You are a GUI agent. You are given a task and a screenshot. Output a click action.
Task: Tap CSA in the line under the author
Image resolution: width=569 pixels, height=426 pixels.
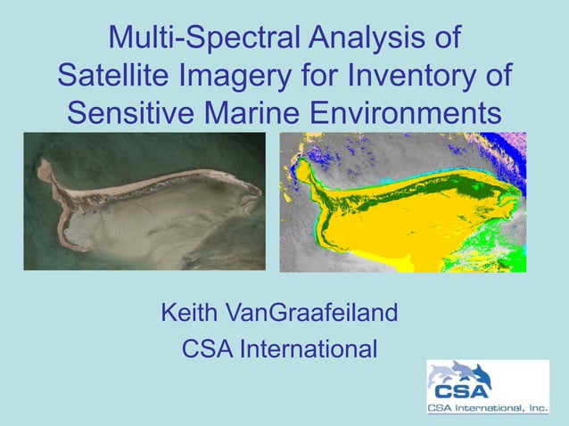(206, 349)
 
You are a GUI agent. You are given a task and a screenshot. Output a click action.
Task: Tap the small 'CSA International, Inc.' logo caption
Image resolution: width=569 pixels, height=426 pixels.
(487, 408)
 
